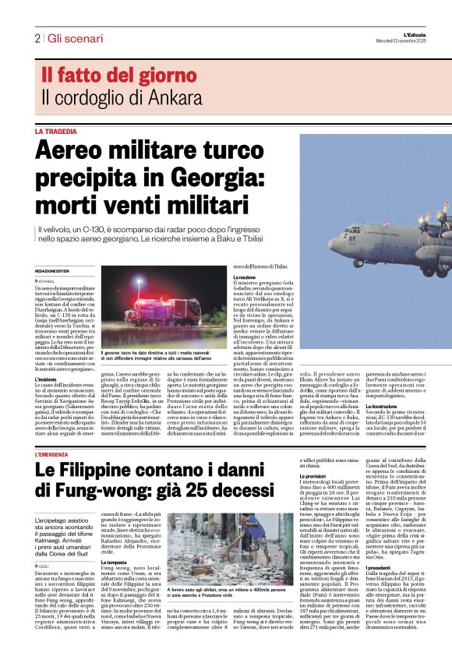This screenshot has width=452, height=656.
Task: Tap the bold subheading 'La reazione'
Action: tap(245, 277)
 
